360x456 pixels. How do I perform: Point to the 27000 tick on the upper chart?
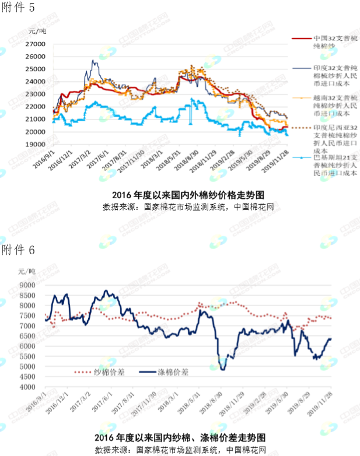36,44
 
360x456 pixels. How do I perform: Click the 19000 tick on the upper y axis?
36,144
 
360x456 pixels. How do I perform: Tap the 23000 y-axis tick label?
36,94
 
